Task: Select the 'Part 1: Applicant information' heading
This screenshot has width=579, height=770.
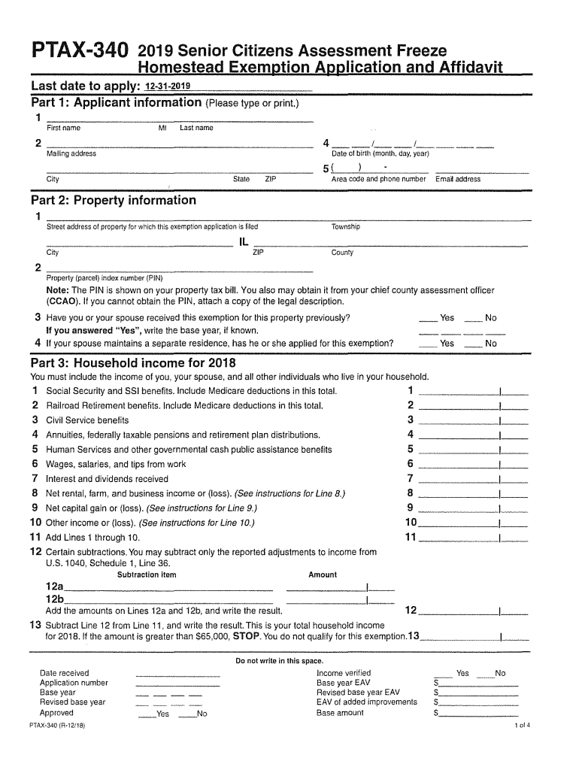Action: point(116,102)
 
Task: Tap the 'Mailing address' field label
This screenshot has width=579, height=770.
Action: point(71,154)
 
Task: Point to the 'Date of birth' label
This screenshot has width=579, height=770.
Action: point(380,154)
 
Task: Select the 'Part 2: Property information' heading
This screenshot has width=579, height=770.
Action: point(113,201)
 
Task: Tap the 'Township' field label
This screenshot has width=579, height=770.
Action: point(346,227)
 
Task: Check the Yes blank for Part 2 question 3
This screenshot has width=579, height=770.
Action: point(429,319)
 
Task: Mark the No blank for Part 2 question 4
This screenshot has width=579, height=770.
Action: point(473,344)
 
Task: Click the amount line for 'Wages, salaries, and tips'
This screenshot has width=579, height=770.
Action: point(459,465)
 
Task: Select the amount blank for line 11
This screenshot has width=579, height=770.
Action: point(459,538)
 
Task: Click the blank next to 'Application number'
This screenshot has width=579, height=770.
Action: point(177,684)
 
